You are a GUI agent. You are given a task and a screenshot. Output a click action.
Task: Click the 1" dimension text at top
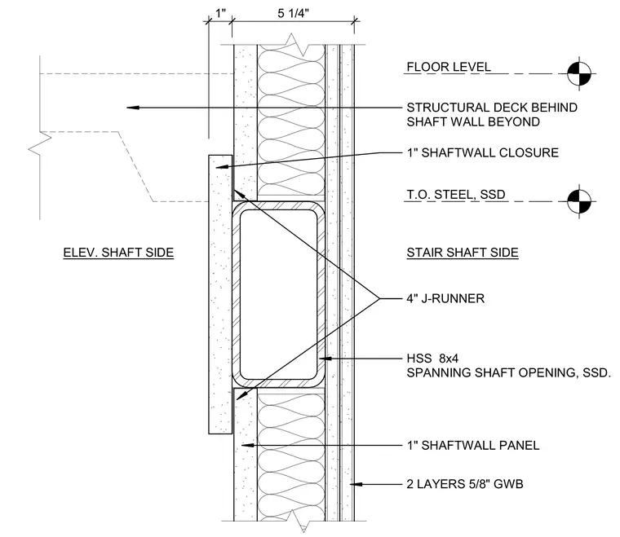[220, 13]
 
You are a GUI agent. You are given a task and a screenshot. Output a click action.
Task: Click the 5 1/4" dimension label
[293, 13]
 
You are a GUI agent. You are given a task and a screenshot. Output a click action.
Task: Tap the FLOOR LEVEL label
[449, 67]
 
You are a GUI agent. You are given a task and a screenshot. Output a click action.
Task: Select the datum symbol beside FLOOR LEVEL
[579, 73]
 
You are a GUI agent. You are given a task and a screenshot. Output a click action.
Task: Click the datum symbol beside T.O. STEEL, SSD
[579, 201]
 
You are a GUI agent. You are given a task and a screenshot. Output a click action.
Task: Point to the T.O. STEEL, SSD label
[456, 194]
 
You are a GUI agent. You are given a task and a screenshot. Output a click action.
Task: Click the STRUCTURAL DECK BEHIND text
[492, 108]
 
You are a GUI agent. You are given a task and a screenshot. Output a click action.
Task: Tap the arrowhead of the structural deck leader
[133, 108]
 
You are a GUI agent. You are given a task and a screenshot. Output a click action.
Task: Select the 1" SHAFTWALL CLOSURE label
[483, 152]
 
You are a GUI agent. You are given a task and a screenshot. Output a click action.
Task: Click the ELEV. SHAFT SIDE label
[118, 253]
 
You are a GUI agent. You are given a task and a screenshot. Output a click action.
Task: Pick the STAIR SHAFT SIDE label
[463, 253]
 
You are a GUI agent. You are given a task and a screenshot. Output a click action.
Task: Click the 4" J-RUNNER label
[445, 298]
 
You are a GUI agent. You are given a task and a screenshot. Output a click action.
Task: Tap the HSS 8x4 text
[432, 358]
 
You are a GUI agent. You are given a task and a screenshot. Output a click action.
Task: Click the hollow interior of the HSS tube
[279, 294]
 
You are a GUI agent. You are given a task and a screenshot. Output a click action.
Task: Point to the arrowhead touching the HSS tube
[325, 359]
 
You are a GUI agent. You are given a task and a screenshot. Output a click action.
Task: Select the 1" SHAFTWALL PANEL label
[473, 446]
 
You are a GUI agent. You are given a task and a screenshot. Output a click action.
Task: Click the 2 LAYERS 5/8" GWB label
[465, 484]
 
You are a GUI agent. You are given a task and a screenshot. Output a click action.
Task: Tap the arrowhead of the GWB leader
[356, 484]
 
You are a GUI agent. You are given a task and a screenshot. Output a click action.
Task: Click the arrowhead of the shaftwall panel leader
[247, 446]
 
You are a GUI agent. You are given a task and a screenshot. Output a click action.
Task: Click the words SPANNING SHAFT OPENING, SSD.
[509, 372]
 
